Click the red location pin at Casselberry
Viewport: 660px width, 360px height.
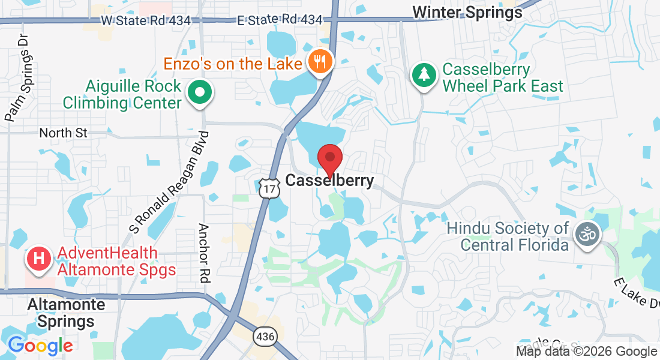(329, 158)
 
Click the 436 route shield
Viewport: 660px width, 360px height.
(265, 337)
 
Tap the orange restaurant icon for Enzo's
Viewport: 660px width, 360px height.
(321, 61)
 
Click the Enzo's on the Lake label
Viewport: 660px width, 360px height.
(233, 62)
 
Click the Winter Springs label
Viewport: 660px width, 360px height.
(467, 11)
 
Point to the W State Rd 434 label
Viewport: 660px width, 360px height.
(145, 20)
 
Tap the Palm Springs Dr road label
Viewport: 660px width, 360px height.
(18, 78)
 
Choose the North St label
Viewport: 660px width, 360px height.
(63, 133)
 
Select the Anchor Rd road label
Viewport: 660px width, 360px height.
(203, 253)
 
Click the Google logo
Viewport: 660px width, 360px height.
(40, 346)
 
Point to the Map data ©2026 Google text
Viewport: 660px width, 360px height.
(586, 352)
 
